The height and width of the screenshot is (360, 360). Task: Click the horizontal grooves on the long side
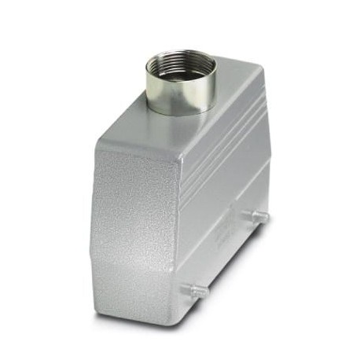(x=228, y=149)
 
